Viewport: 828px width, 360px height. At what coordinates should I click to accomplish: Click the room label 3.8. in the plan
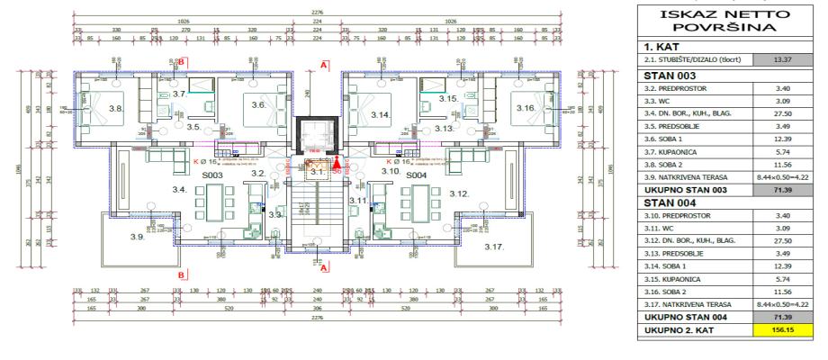[115, 109]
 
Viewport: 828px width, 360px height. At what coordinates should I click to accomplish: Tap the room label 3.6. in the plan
[257, 105]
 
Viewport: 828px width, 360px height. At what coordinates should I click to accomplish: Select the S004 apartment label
[415, 175]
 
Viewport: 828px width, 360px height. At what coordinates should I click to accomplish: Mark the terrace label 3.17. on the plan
[494, 246]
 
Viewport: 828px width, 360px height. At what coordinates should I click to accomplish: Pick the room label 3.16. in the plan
[526, 107]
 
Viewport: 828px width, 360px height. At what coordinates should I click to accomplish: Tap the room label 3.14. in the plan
[379, 115]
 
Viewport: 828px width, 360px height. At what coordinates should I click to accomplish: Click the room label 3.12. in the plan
[459, 194]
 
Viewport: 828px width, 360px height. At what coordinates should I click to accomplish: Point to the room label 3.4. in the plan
[178, 190]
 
